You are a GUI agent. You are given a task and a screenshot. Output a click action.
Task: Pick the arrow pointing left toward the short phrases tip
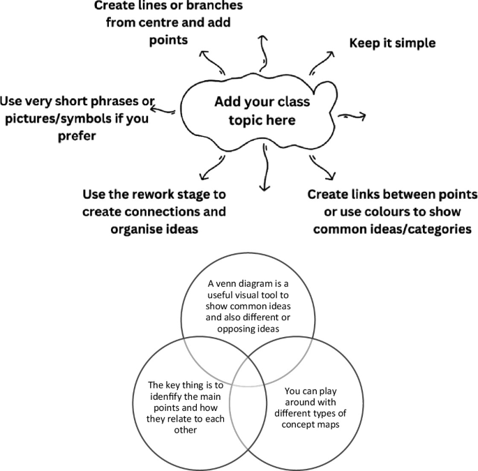click(x=165, y=110)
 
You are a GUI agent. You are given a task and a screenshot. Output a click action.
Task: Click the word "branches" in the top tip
click(x=200, y=6)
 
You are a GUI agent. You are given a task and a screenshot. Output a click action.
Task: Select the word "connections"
click(x=191, y=210)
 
